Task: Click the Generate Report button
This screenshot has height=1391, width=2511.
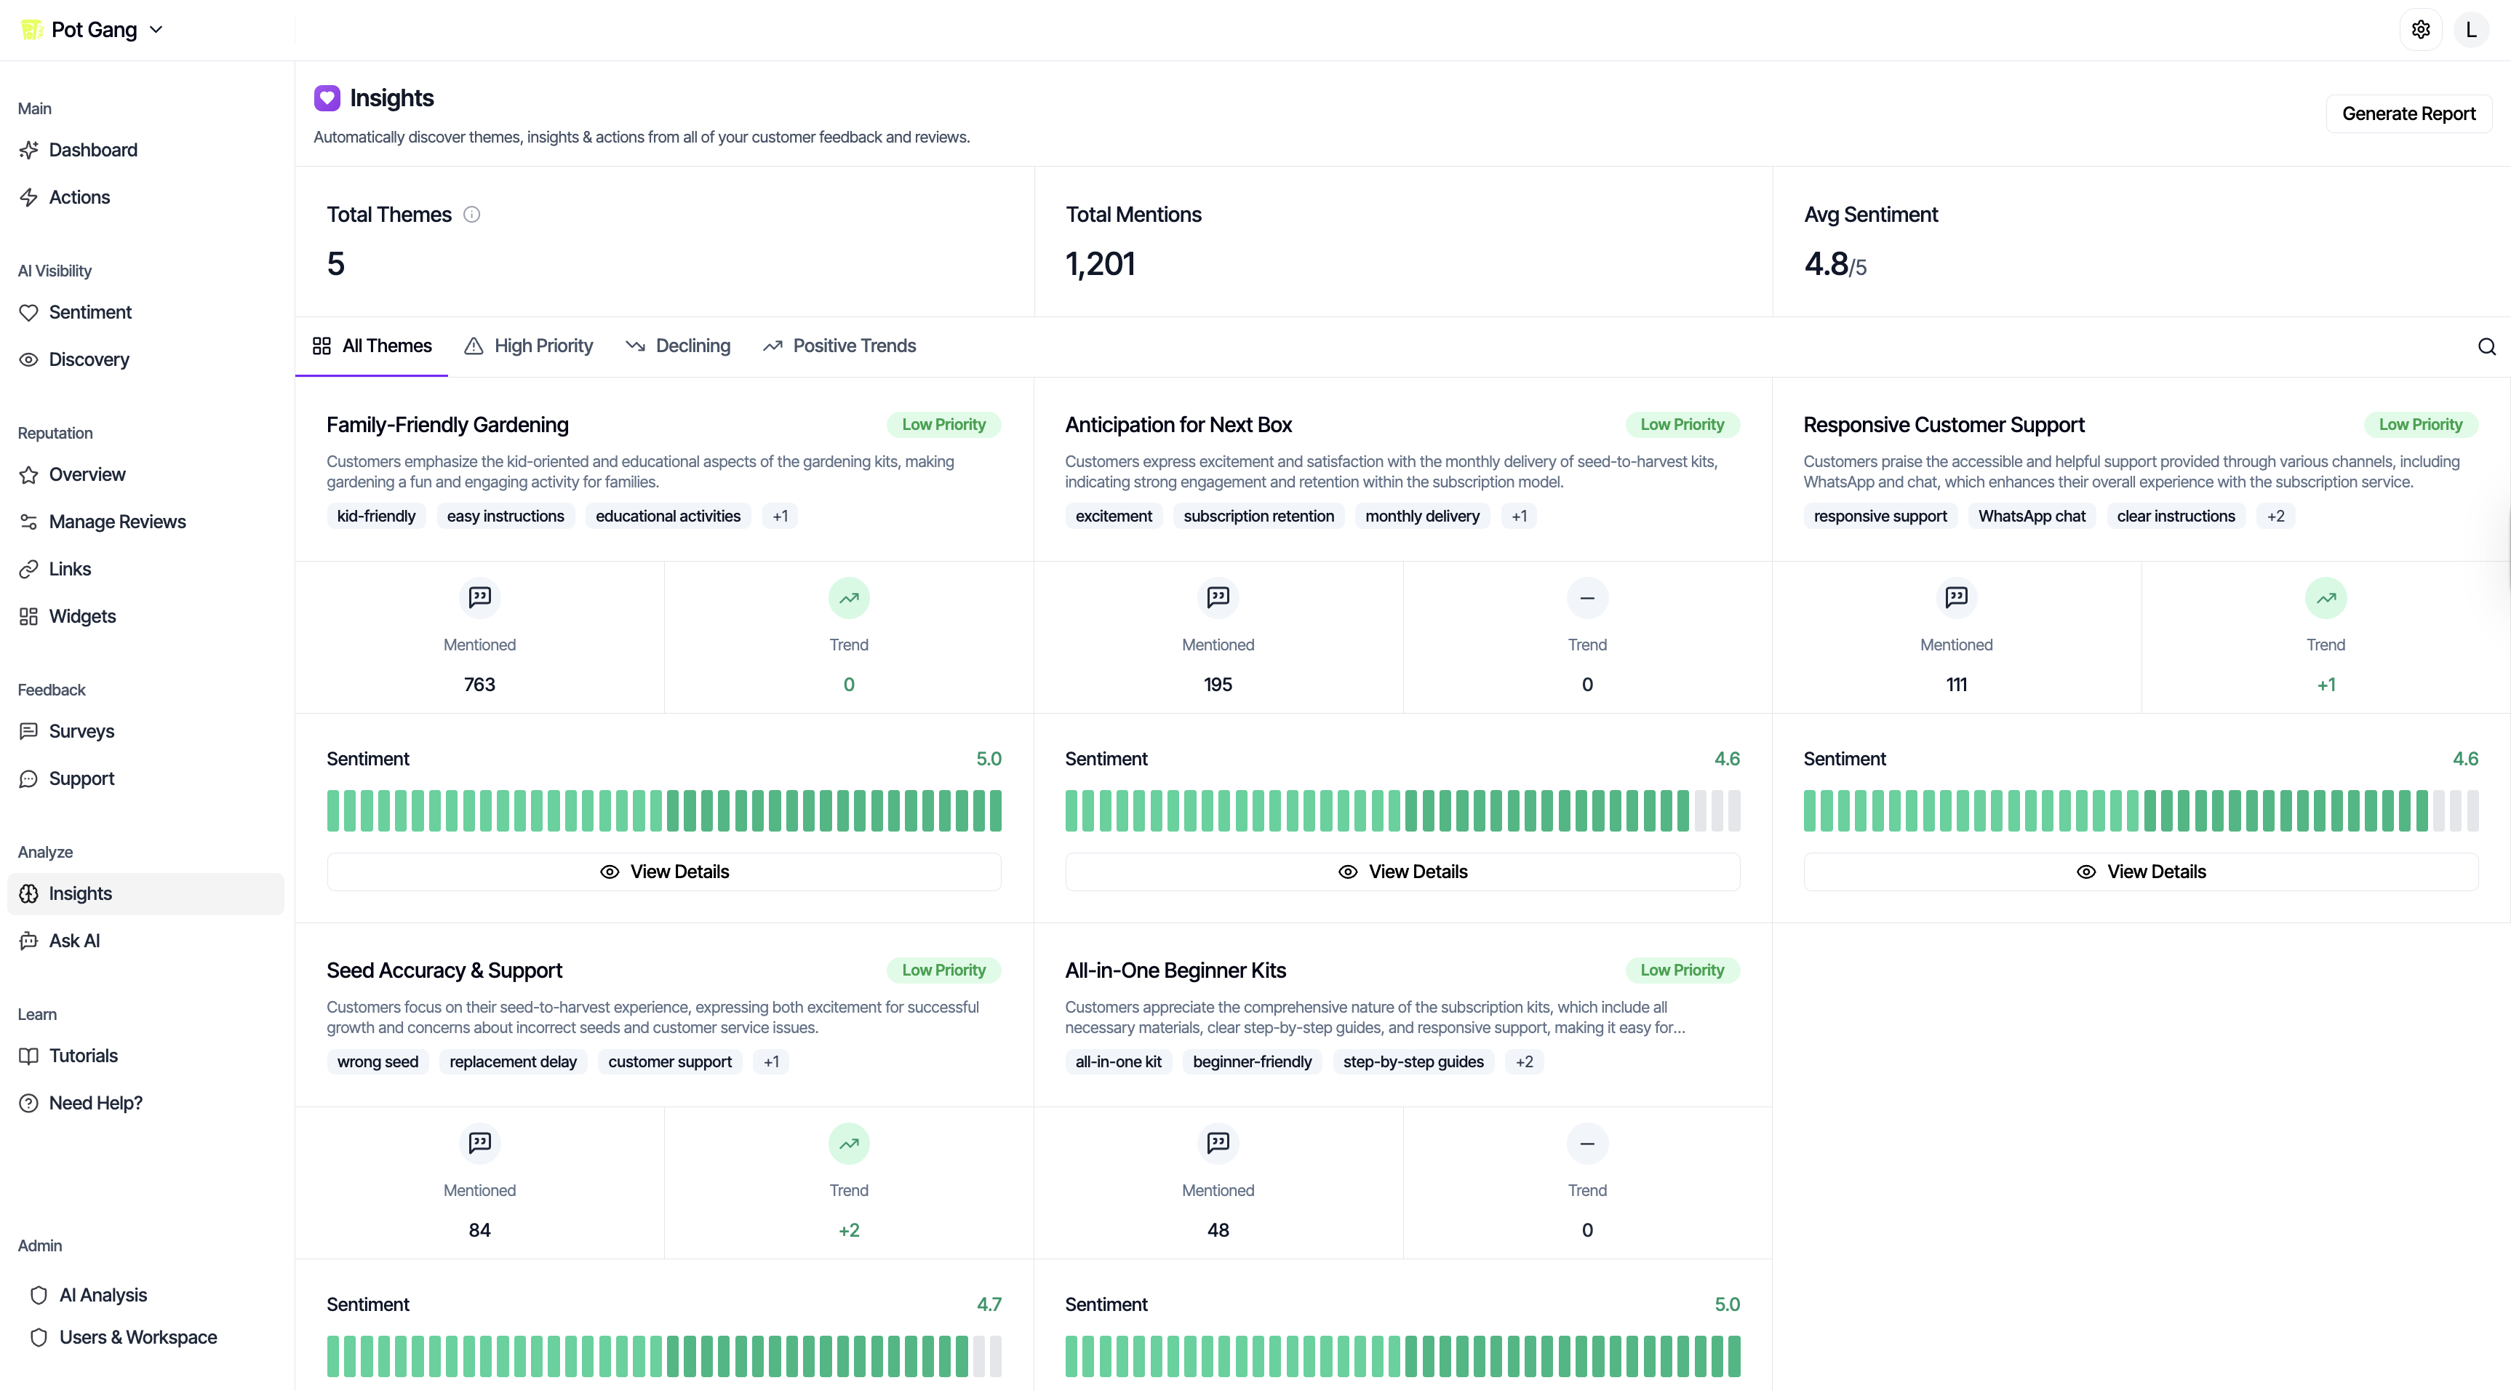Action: (2408, 114)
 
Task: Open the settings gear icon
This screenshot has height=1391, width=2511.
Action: (2420, 31)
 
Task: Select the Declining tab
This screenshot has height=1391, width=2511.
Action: (679, 346)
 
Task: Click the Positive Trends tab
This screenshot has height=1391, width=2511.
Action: (839, 346)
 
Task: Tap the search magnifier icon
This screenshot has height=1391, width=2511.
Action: (2486, 347)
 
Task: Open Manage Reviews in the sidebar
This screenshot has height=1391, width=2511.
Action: (117, 522)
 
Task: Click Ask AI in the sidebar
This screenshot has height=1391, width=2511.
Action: (74, 941)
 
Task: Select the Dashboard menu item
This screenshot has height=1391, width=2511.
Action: (92, 150)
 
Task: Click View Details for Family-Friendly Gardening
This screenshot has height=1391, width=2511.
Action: (664, 872)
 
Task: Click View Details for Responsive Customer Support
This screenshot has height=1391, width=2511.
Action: (2141, 872)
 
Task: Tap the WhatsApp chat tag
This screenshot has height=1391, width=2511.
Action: (2032, 516)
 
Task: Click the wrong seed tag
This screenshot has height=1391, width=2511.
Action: (378, 1061)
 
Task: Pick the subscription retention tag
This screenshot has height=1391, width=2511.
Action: (1258, 516)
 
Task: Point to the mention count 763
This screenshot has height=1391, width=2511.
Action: (479, 685)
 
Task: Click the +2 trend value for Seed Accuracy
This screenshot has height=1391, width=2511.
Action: (848, 1230)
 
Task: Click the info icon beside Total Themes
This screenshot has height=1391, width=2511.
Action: (472, 215)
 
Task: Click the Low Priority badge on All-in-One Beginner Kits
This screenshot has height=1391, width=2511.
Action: (1682, 970)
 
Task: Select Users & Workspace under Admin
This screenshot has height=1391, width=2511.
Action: (137, 1337)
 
